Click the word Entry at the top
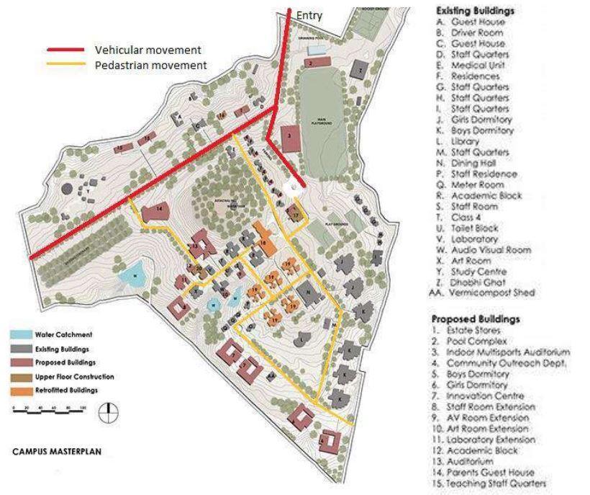[x=309, y=16]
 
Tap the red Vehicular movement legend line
[x=66, y=50]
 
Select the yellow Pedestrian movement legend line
[x=66, y=65]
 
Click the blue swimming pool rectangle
[x=315, y=50]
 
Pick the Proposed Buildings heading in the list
[x=476, y=318]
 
